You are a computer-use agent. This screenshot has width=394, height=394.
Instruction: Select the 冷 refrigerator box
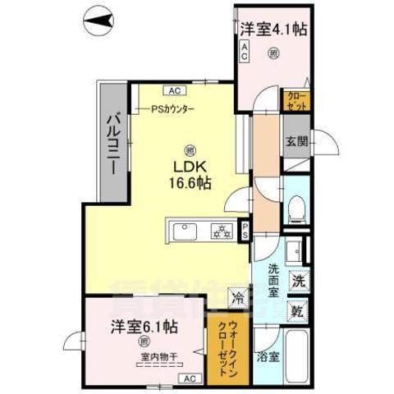tap(238, 300)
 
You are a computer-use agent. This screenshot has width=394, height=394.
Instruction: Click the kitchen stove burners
tap(221, 229)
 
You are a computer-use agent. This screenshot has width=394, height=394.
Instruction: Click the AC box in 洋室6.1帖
tap(188, 378)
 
